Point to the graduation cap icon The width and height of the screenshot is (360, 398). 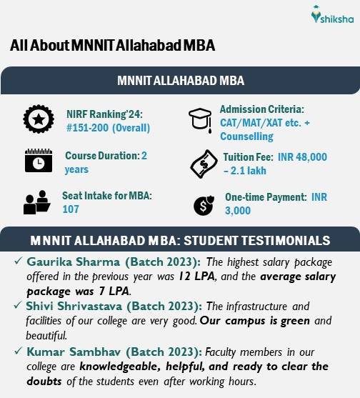coord(201,119)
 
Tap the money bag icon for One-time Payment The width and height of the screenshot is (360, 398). coord(203,205)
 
